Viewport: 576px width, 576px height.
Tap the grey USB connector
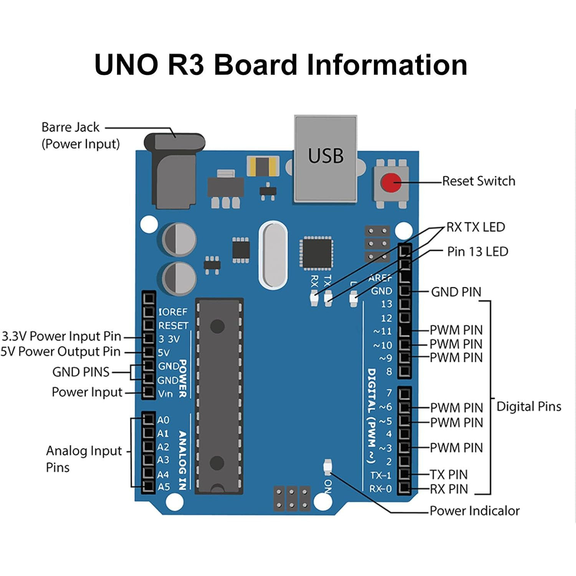[x=326, y=158]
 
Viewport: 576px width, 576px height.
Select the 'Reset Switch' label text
[x=478, y=181]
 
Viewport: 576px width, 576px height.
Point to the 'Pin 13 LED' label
[x=477, y=252]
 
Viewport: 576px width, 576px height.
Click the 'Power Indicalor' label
[x=474, y=511]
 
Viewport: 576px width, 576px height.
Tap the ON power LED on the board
[x=328, y=467]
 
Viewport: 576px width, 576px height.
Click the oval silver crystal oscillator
[x=273, y=255]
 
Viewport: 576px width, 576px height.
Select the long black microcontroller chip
[x=219, y=396]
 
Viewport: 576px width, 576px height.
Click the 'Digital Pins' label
[x=529, y=406]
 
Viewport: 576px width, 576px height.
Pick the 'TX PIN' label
[x=449, y=475]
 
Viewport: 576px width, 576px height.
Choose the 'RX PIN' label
[x=449, y=489]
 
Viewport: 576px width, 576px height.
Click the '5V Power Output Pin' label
[x=61, y=351]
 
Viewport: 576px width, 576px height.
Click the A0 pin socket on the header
[x=149, y=419]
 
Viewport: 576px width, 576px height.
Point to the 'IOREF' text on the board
[x=173, y=312]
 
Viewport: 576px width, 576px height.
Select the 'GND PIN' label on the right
[x=456, y=292]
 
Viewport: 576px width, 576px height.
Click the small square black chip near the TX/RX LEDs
[x=316, y=253]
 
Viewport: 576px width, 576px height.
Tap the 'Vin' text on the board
[x=166, y=394]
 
